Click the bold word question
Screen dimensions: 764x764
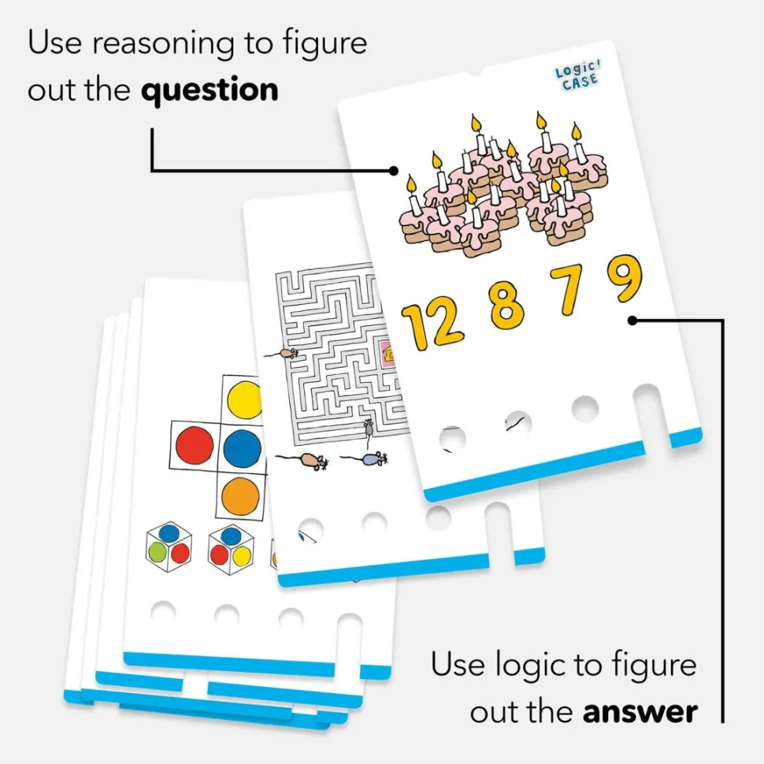click(x=210, y=90)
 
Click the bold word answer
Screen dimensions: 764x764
click(x=640, y=712)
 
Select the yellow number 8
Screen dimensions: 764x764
click(x=506, y=304)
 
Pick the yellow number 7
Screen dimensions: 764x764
click(x=569, y=289)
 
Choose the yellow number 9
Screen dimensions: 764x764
click(x=624, y=280)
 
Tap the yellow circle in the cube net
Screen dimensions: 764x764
click(x=244, y=399)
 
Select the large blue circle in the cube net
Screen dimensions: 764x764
click(x=243, y=447)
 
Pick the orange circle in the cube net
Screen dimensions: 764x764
click(x=241, y=497)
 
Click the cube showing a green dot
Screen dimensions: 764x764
click(x=169, y=546)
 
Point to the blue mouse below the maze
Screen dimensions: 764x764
click(x=374, y=458)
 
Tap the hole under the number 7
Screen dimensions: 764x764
click(x=584, y=407)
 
